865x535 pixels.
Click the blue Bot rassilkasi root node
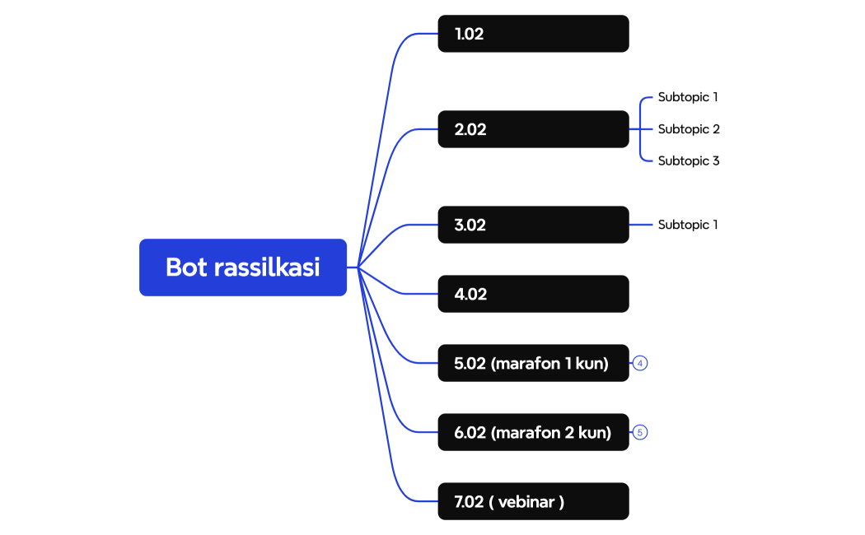(243, 267)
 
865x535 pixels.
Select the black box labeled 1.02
(533, 34)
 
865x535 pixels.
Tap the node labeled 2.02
(533, 129)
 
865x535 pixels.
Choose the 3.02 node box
(533, 225)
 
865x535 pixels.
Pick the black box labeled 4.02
(533, 294)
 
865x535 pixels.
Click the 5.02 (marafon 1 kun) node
(533, 363)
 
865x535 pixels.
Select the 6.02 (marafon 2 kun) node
(533, 432)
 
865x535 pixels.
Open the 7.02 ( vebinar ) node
(533, 501)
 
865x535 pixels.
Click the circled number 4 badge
(640, 363)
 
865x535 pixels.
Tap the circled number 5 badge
(640, 432)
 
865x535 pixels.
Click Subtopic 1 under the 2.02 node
(688, 97)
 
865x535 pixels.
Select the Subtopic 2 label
(689, 129)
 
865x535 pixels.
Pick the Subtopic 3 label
(689, 161)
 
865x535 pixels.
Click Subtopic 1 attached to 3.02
(688, 225)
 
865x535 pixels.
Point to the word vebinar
(526, 502)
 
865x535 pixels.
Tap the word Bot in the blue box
(186, 267)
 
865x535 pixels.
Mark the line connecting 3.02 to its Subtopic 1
(642, 225)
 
